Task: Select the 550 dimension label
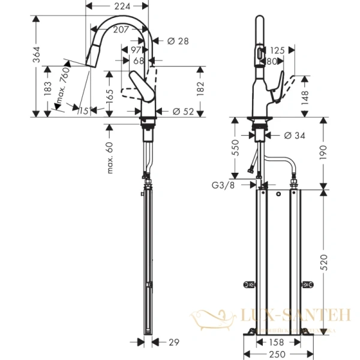pos(236,147)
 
